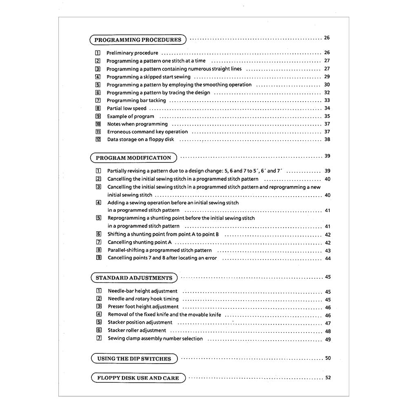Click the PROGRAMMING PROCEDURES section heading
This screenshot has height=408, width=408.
(137, 40)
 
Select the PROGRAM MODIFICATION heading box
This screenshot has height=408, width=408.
(133, 158)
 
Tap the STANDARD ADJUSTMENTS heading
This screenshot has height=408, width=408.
(134, 278)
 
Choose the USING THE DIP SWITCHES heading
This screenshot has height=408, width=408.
(134, 359)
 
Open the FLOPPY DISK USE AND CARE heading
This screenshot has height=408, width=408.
(138, 378)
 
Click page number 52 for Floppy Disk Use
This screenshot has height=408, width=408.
(328, 378)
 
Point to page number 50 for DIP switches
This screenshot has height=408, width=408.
(328, 358)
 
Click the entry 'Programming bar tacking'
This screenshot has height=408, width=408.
(136, 100)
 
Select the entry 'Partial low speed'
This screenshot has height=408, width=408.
(126, 109)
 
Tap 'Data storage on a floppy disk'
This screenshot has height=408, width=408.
(140, 140)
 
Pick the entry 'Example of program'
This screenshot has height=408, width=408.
(131, 116)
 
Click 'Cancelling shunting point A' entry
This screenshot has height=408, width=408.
(140, 242)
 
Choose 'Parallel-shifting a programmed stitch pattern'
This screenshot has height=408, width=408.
(160, 250)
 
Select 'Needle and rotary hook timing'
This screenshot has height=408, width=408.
(143, 299)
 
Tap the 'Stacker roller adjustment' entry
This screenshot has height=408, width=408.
(137, 330)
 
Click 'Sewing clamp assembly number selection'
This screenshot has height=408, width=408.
(155, 338)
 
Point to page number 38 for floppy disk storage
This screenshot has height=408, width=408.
(327, 140)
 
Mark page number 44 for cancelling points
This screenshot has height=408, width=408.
(328, 258)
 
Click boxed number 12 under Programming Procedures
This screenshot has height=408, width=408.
(98, 140)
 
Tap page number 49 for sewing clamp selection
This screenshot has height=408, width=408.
(328, 339)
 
